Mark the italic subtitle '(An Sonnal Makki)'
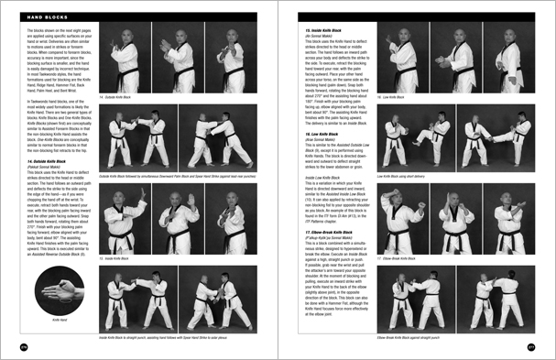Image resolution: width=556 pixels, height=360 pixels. pos(311,37)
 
